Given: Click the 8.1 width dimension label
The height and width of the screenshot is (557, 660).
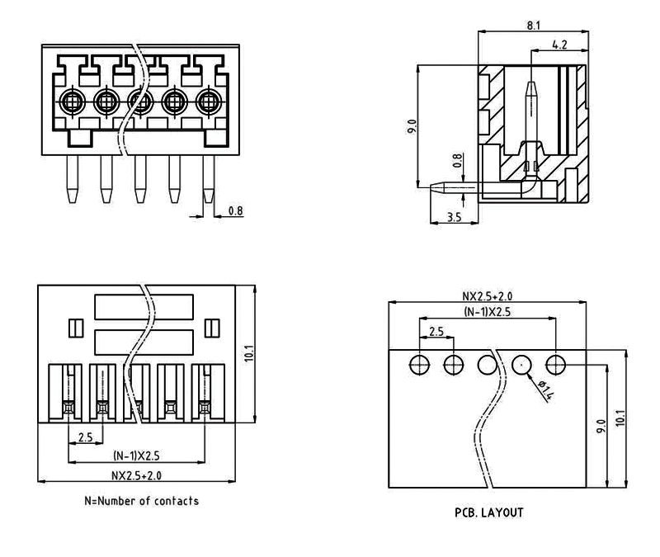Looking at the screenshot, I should click(x=534, y=26).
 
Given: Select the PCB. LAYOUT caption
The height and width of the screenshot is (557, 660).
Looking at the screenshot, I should click(x=489, y=512).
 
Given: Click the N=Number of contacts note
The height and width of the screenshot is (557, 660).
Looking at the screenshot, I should click(x=141, y=500).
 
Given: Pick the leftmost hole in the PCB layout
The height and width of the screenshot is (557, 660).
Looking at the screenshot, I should click(x=420, y=363).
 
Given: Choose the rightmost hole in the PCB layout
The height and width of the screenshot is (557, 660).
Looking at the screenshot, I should click(x=555, y=363).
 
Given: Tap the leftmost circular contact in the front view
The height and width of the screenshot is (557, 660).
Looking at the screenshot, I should click(x=72, y=102).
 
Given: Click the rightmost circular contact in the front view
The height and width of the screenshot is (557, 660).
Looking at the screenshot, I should click(x=207, y=102).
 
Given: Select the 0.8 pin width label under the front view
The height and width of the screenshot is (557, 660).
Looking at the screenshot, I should click(x=235, y=211).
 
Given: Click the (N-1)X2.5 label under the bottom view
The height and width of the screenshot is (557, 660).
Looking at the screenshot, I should click(x=136, y=456).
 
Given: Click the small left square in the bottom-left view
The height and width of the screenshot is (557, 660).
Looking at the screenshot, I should click(x=73, y=328).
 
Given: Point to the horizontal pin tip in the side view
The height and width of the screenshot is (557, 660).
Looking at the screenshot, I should click(x=425, y=186).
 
